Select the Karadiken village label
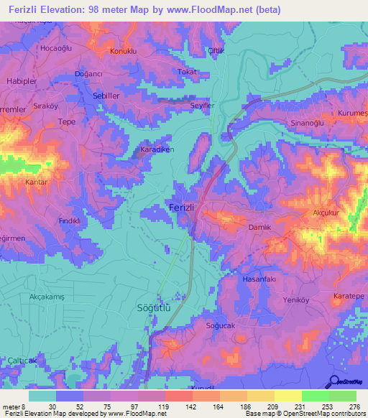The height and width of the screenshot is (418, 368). coord(157,151)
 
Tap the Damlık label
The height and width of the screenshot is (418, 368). coord(259,227)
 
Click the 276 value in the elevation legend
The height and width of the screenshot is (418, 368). coord(354,406)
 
